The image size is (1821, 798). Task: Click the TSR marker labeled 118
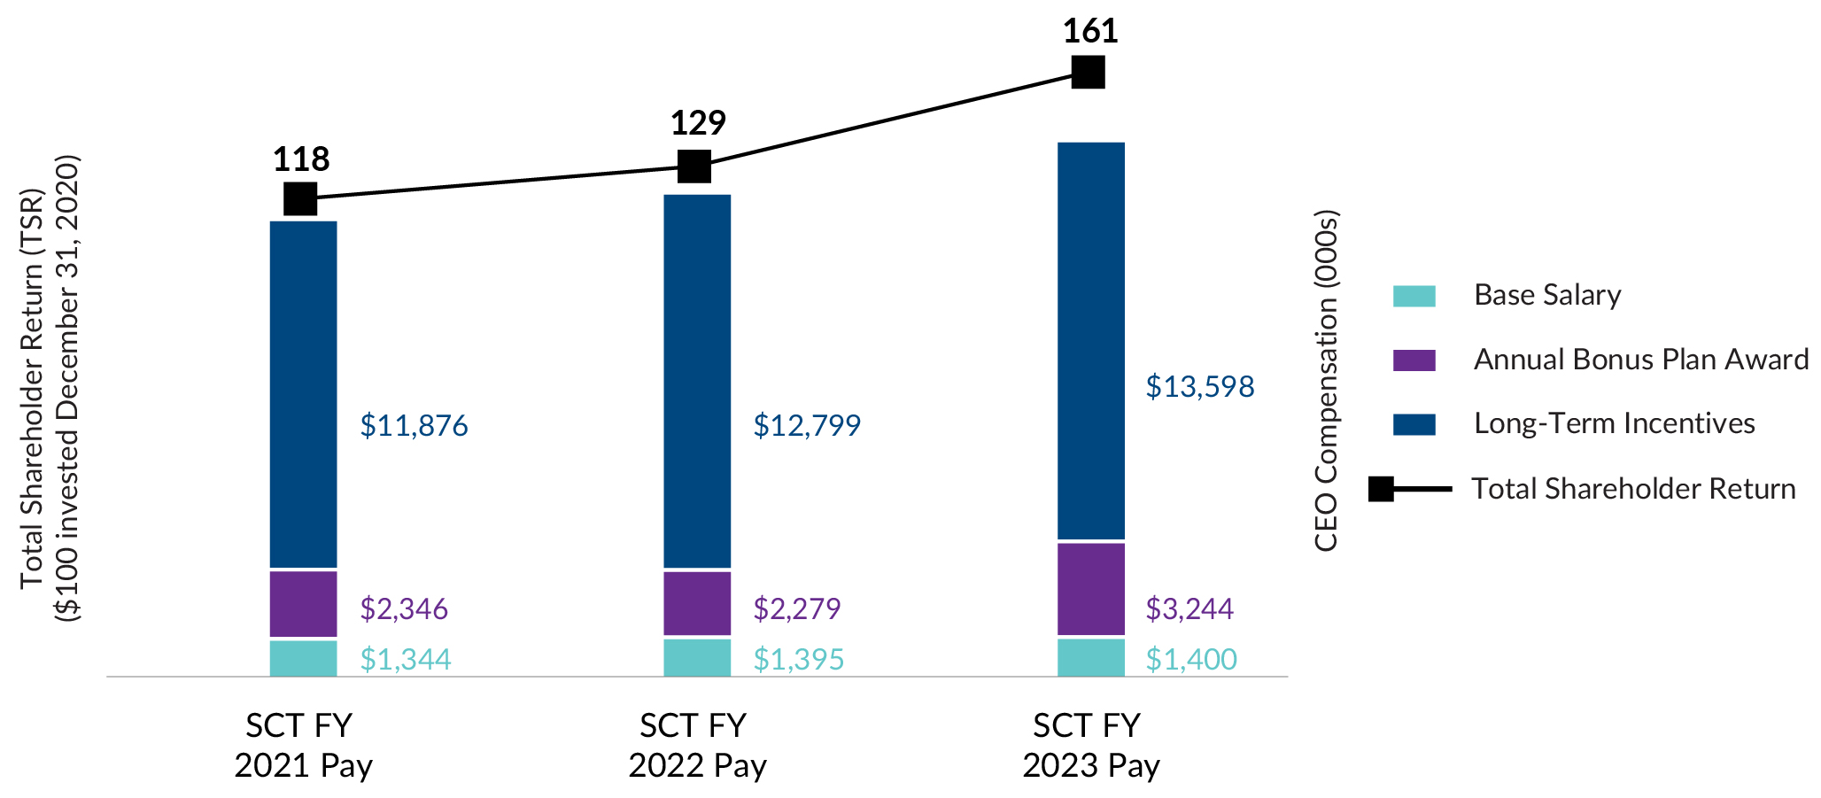(300, 198)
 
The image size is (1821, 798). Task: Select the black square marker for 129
(694, 166)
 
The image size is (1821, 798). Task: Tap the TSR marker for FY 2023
(1088, 72)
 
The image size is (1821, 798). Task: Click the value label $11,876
(414, 426)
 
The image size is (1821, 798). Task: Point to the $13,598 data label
(1199, 387)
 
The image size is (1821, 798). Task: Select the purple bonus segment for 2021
(303, 604)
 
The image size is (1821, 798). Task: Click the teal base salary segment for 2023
(1090, 657)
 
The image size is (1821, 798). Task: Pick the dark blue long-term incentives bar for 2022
(697, 381)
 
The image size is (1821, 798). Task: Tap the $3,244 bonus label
(1189, 609)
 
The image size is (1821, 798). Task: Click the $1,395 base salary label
(798, 660)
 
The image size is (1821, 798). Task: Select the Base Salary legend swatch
(1414, 296)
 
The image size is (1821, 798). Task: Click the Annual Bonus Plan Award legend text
(1640, 360)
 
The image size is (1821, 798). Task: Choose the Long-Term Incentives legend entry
(1614, 423)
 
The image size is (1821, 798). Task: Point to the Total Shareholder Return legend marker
(1382, 489)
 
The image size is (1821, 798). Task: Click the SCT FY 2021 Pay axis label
(302, 745)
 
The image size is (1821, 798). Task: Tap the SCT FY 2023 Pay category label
(1090, 745)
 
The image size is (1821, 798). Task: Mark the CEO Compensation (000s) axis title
(1326, 381)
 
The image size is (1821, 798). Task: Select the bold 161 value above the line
(1089, 32)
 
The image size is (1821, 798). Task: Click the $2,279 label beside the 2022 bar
(796, 609)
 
